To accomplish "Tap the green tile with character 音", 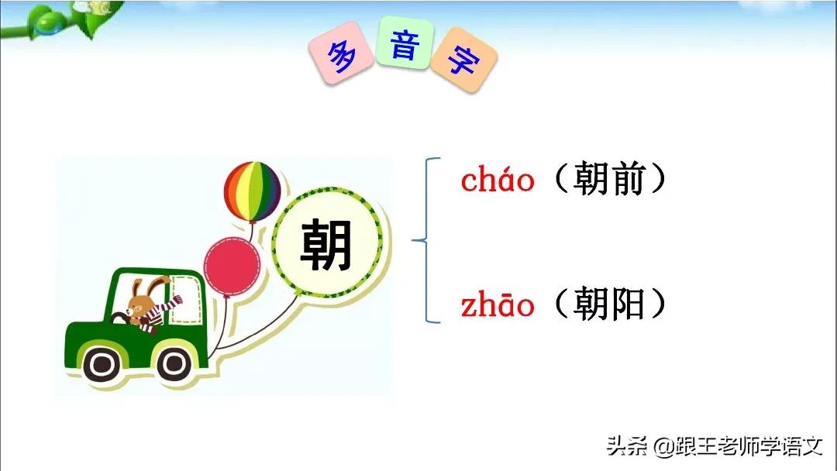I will [404, 46].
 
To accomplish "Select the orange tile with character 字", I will [463, 59].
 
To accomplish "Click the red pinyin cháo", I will [498, 181].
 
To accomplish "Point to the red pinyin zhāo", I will [498, 306].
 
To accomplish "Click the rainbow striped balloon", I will [252, 191].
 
